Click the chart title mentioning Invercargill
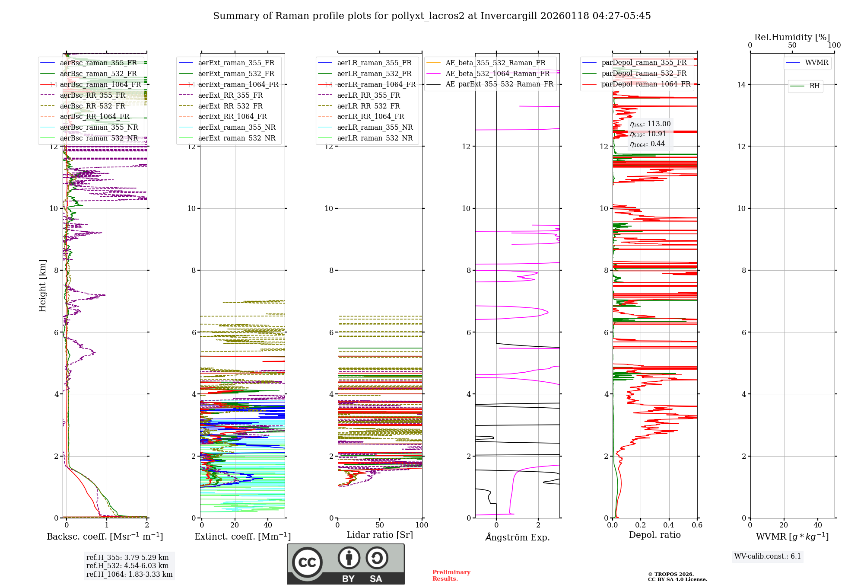coord(432,16)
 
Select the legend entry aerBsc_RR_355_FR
coord(92,95)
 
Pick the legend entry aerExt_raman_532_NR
coord(236,138)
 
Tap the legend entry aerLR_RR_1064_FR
coord(370,116)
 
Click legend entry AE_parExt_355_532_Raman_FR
coord(499,84)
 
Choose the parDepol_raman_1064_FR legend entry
coord(646,84)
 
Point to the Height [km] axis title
coord(42,285)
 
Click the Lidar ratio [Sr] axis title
coord(380,535)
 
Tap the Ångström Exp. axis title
coord(518,537)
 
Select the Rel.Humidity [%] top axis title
coord(792,37)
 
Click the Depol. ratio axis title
coord(654,535)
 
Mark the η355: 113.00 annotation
coord(650,124)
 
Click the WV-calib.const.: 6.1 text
coord(768,556)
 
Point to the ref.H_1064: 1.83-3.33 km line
coord(129,574)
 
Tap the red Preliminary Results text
coord(451,575)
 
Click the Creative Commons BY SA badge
coord(346,564)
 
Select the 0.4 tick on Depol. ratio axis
coord(669,525)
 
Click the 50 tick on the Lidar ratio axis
coord(380,525)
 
